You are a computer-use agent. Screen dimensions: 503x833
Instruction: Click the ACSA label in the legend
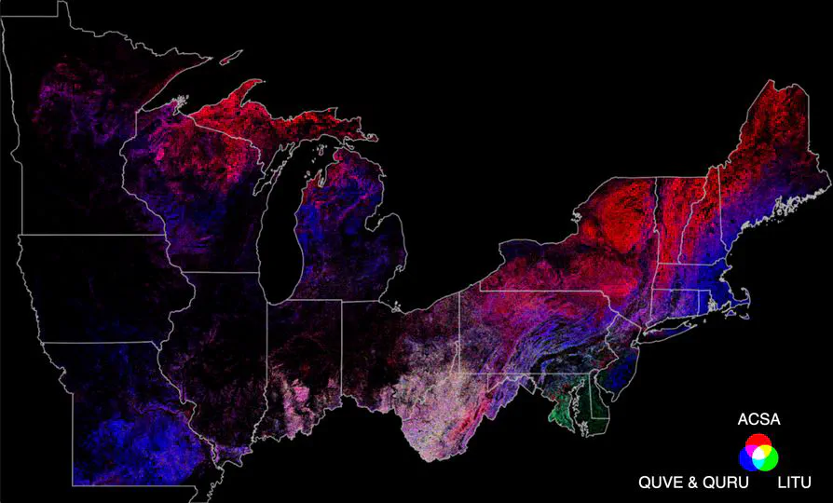click(x=758, y=420)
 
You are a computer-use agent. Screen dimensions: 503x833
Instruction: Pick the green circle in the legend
click(x=766, y=458)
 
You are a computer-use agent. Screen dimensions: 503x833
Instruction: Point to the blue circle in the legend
click(x=751, y=458)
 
